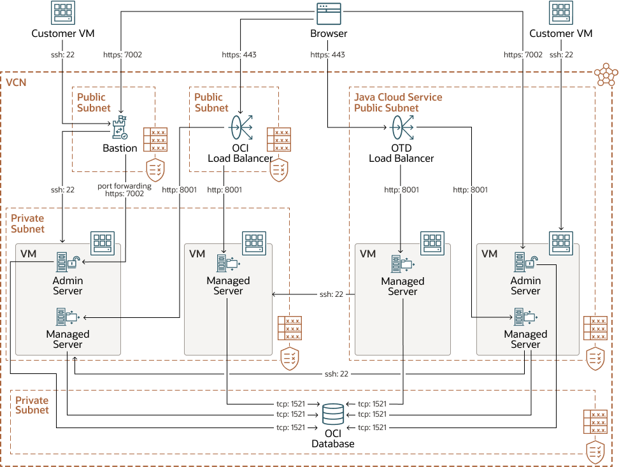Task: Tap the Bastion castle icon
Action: click(120, 129)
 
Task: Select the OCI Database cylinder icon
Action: click(332, 414)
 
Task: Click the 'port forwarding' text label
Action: click(124, 186)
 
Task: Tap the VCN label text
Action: click(16, 83)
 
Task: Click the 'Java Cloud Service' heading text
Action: click(398, 97)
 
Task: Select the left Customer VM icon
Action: click(62, 13)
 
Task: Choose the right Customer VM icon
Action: click(560, 13)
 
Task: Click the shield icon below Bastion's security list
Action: click(155, 169)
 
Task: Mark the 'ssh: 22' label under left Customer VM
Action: click(62, 55)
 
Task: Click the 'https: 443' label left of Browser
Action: click(239, 55)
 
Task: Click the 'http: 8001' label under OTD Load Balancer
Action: click(401, 189)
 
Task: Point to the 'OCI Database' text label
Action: click(332, 439)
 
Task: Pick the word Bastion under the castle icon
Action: click(120, 148)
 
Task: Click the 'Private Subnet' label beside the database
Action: click(32, 405)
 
